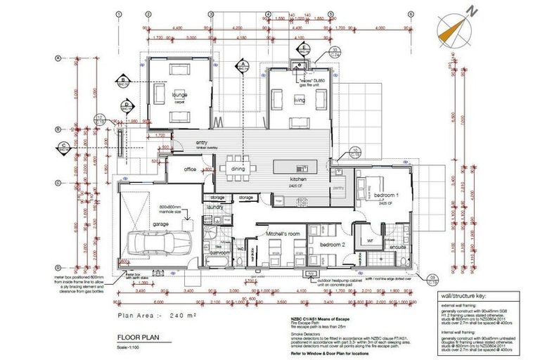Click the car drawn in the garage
coord(153,244)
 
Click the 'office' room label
coord(189,169)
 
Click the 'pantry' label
coord(337,188)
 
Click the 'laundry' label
coord(215,207)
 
